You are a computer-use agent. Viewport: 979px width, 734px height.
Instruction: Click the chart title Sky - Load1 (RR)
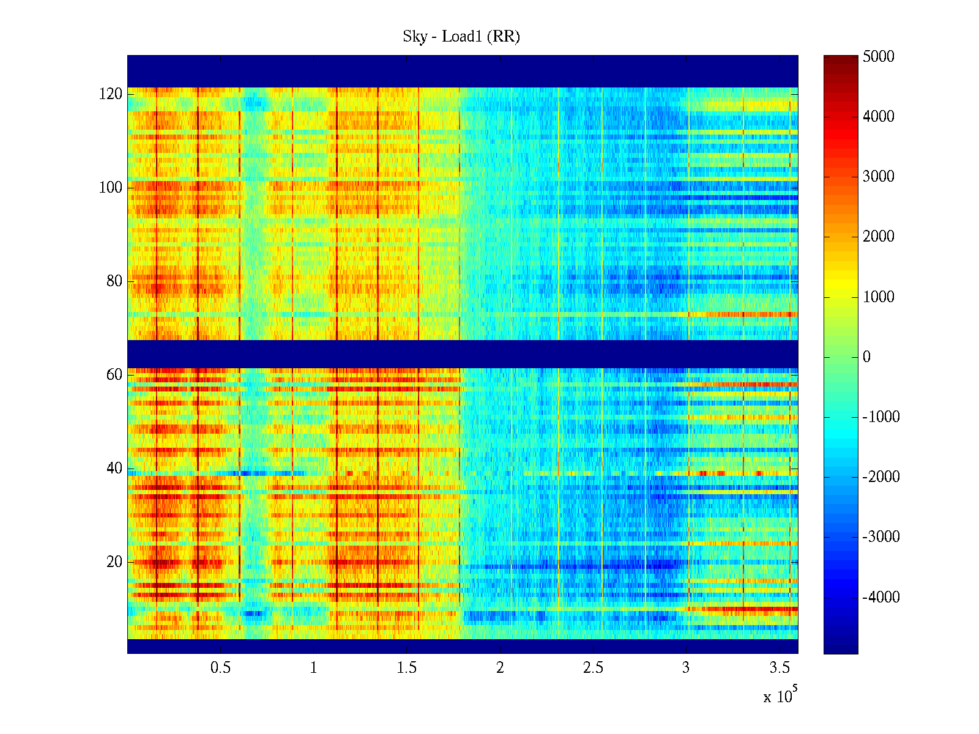[x=461, y=37]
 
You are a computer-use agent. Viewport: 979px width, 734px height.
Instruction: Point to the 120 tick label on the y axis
[x=111, y=94]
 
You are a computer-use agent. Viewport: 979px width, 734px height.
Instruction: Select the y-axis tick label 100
[x=111, y=188]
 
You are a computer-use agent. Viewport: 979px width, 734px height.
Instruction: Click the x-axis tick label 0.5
[x=221, y=668]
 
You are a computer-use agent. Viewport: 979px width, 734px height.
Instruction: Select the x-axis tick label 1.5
[x=407, y=668]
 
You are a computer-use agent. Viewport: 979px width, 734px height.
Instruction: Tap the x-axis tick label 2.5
[x=593, y=668]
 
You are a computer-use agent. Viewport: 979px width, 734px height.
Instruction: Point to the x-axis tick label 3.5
[x=780, y=668]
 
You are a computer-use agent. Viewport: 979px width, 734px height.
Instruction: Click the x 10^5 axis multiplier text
[x=780, y=696]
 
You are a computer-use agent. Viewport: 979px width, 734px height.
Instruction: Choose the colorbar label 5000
[x=878, y=57]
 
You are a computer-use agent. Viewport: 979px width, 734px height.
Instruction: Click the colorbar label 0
[x=866, y=357]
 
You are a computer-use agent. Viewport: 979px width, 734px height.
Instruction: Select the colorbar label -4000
[x=881, y=598]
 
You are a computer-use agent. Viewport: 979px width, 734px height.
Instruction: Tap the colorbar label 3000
[x=878, y=177]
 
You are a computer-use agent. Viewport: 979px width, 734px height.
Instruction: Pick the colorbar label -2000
[x=881, y=477]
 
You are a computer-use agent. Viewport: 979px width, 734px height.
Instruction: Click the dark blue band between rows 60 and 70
[x=463, y=354]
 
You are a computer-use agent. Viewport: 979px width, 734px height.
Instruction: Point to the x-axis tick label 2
[x=500, y=668]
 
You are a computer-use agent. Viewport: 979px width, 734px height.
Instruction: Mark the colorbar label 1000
[x=878, y=297]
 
